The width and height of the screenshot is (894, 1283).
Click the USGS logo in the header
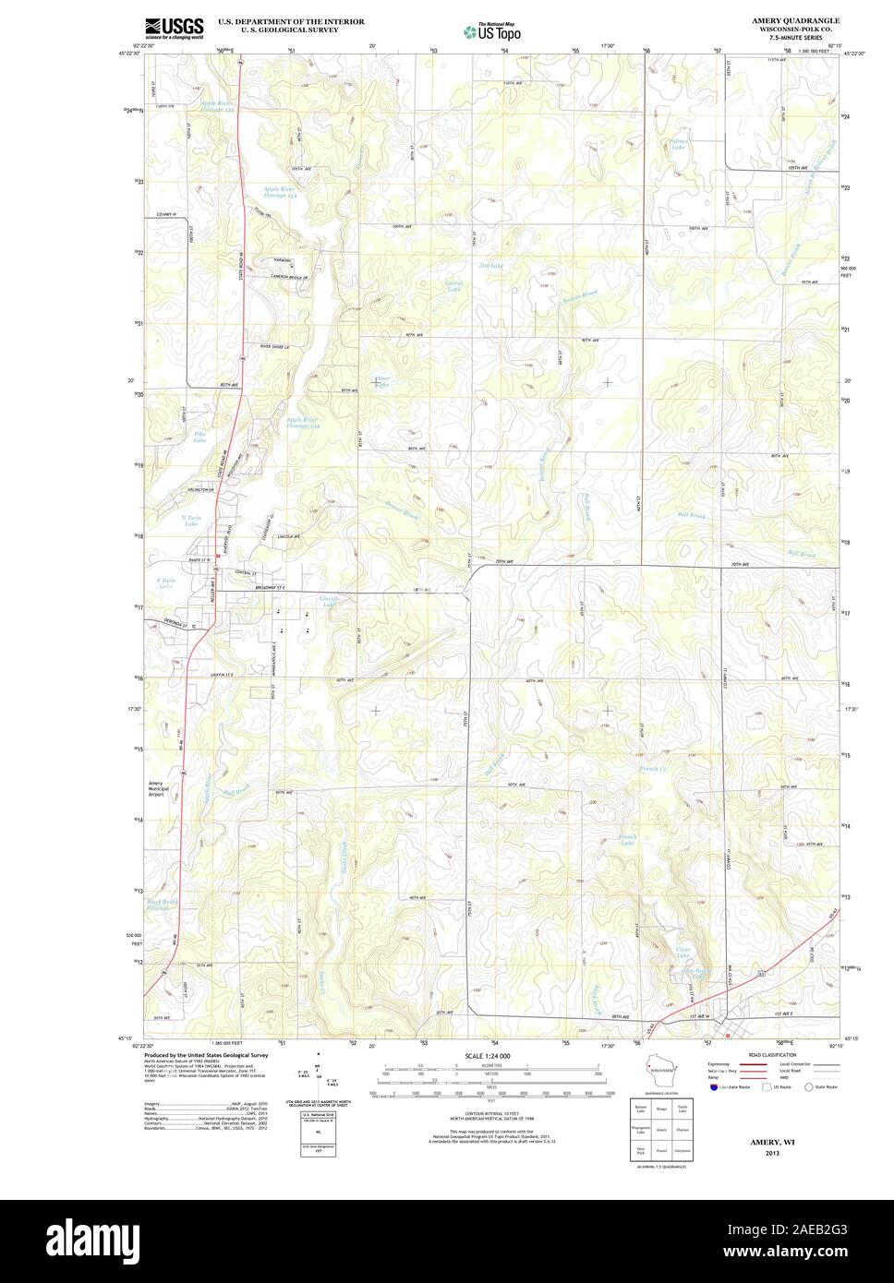(x=174, y=28)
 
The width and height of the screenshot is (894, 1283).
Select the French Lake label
(x=627, y=840)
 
